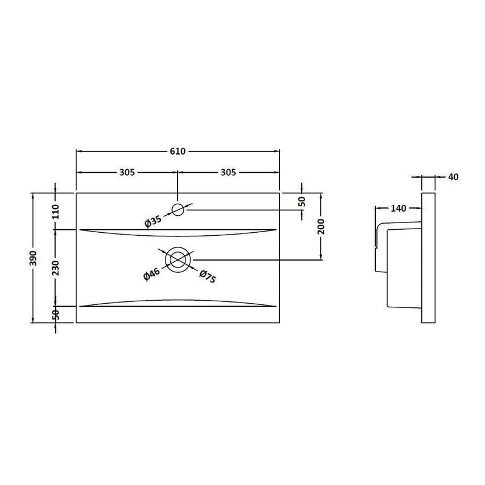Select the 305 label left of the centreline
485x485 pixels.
click(126, 172)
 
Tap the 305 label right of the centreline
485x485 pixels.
click(228, 172)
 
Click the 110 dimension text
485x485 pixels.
click(56, 212)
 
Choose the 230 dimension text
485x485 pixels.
click(56, 267)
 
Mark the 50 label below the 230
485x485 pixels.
click(56, 314)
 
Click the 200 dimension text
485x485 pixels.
click(322, 227)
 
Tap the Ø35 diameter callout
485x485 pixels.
click(153, 221)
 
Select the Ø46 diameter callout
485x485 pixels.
click(151, 273)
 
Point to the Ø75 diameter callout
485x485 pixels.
click(207, 276)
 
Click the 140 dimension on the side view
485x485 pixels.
click(398, 209)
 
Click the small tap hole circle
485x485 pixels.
click(178, 210)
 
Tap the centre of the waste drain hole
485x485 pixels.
click(178, 259)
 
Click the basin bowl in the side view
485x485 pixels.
click(403, 267)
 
